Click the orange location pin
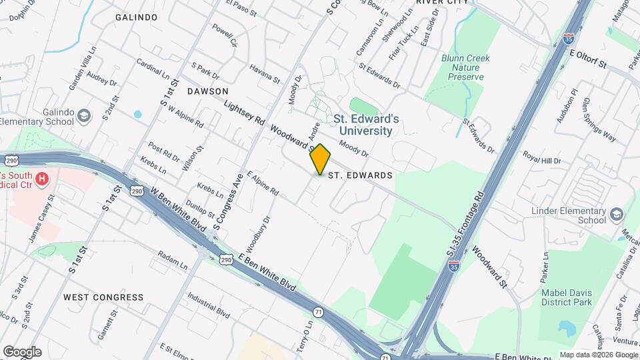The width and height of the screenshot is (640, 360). point(321,159)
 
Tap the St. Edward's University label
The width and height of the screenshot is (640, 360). point(367,125)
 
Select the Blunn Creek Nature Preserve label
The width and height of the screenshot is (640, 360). point(465,68)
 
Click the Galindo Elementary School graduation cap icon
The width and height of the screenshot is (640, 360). point(84,117)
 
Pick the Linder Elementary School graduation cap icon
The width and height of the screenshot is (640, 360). point(616,215)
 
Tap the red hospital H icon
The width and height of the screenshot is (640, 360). point(43,179)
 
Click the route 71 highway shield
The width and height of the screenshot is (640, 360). point(318,312)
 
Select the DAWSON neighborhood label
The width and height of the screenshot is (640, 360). point(207,91)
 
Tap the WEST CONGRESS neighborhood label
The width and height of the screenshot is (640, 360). point(103,297)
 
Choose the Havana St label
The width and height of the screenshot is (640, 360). point(265,73)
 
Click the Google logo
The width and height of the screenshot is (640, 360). point(22,352)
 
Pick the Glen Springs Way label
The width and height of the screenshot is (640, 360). point(599,120)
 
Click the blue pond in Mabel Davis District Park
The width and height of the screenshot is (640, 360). point(567,328)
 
